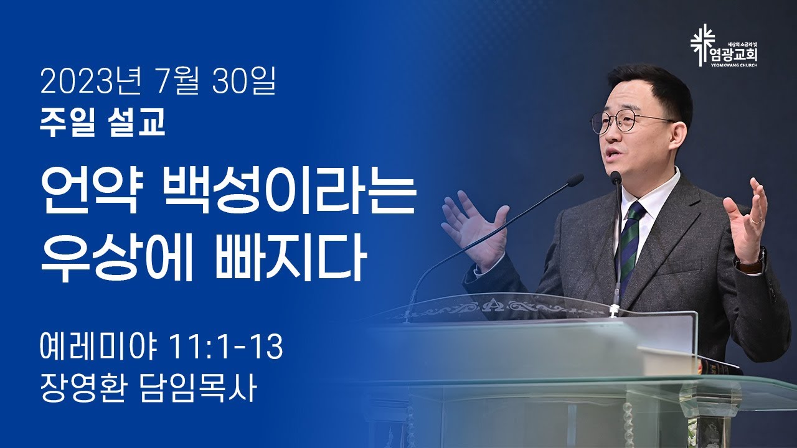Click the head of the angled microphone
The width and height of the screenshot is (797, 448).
coord(574,180)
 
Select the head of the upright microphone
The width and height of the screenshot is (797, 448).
coord(616,177)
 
